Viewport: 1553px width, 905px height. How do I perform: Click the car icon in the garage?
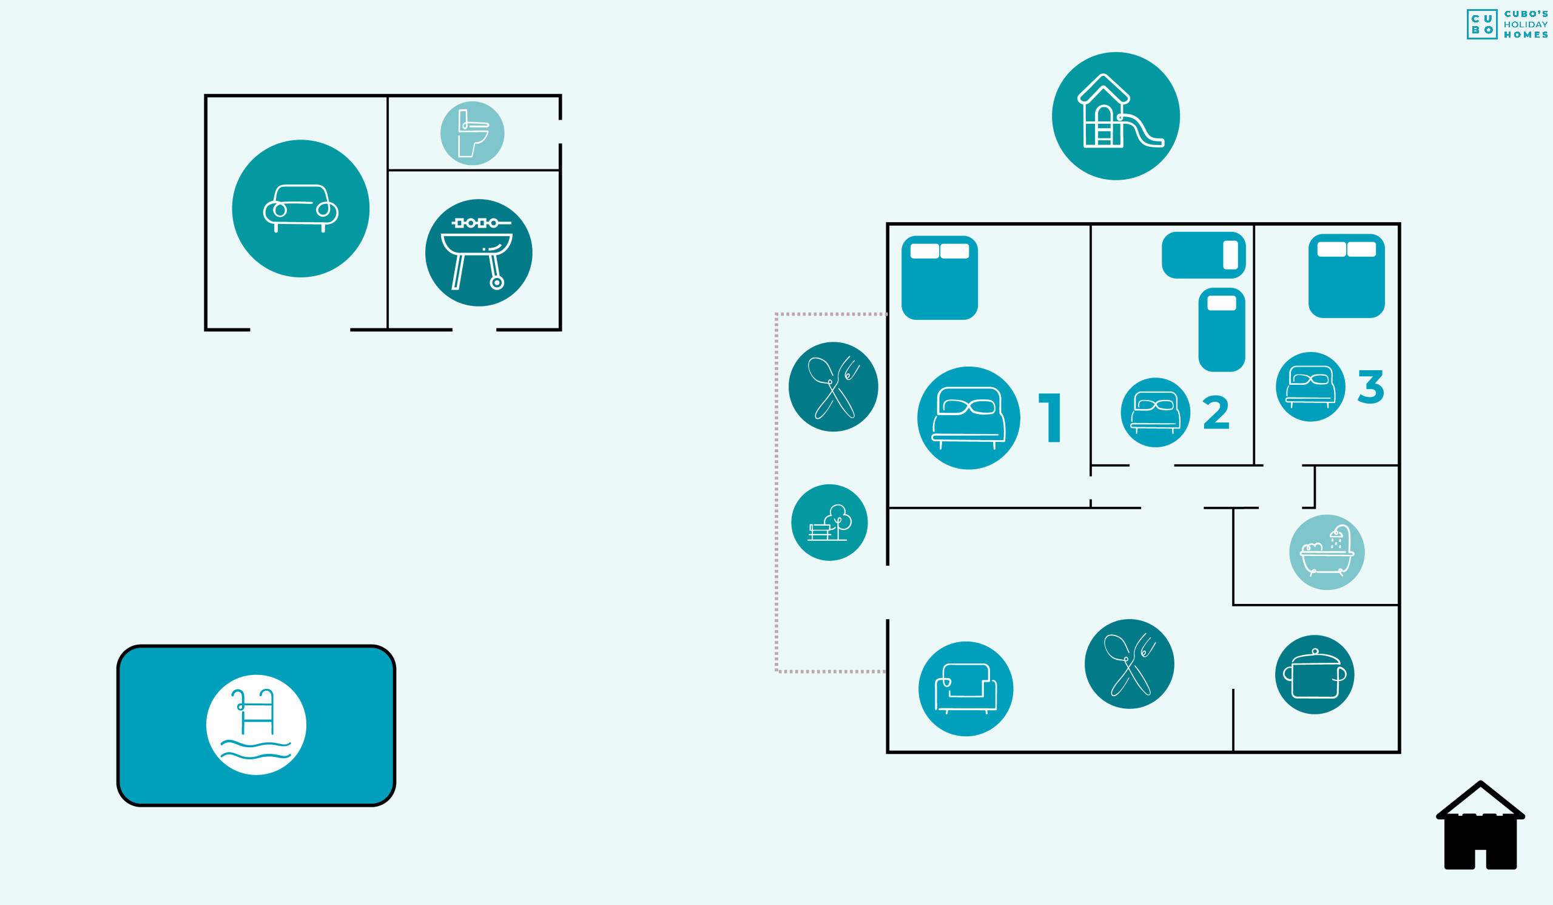click(301, 208)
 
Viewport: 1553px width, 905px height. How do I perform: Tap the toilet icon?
click(472, 133)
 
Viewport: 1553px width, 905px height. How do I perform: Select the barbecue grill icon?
click(479, 253)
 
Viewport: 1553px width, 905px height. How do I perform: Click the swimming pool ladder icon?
click(257, 725)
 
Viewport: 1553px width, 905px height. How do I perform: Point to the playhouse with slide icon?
click(1116, 116)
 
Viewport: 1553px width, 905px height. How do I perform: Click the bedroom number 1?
click(1050, 418)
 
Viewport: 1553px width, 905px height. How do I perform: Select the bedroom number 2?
click(1216, 412)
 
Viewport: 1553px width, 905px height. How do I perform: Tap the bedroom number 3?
click(1371, 387)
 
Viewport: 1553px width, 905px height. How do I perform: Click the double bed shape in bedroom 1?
click(940, 278)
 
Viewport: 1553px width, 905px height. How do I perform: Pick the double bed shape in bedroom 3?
click(1347, 276)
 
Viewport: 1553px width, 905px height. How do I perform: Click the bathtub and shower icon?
click(1327, 552)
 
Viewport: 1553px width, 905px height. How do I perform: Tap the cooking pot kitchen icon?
click(1315, 674)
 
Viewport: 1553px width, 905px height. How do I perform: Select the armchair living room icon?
click(966, 689)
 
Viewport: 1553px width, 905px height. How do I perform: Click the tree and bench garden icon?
click(829, 522)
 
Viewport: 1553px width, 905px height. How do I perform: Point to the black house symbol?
click(1480, 825)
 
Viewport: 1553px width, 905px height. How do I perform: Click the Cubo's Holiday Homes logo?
click(1508, 25)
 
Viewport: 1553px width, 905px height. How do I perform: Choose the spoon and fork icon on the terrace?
click(833, 387)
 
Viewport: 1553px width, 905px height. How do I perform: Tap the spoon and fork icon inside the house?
click(1129, 664)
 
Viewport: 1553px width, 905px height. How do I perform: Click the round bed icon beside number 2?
click(1156, 412)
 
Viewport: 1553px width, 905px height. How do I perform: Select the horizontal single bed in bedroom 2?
click(1204, 255)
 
